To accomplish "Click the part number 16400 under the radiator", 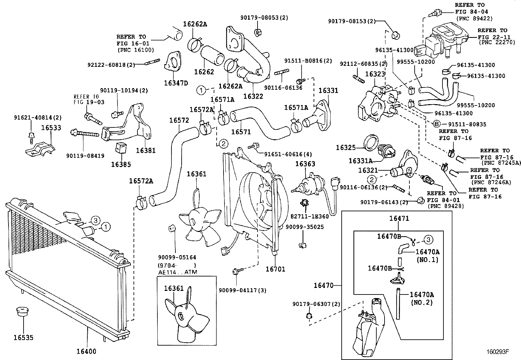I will tap(86, 351).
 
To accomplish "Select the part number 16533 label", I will tap(51, 128).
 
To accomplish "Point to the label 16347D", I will tap(176, 83).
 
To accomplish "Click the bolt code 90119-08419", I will tap(85, 156).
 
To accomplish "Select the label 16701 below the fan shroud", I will tap(275, 269).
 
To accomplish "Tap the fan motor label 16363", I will tap(305, 164).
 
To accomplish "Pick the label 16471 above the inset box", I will tap(399, 218).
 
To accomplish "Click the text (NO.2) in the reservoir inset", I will tap(422, 303).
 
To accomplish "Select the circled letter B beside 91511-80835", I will tap(436, 124).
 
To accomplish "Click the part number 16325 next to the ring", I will tap(346, 148).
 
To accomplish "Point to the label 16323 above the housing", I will tap(375, 74).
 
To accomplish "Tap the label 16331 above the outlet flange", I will tap(328, 90).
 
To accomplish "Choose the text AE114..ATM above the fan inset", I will tap(177, 272).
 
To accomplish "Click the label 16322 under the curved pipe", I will tap(253, 96).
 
